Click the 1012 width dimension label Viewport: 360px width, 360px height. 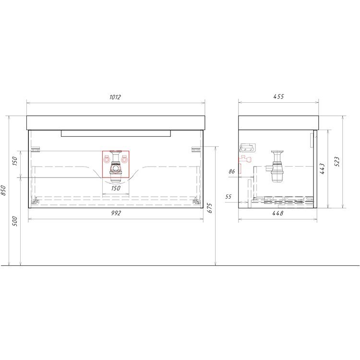point(115,97)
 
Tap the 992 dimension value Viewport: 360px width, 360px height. point(116,213)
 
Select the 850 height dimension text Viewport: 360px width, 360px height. point(3,191)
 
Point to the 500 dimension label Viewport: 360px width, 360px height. point(15,221)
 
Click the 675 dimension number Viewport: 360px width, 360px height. point(210,208)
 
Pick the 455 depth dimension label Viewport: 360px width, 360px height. point(278,96)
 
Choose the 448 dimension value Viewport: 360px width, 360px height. point(278,213)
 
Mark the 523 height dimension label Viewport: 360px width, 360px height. point(337,162)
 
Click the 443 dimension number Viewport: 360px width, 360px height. point(322,169)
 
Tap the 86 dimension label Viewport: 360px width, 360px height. point(232,171)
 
